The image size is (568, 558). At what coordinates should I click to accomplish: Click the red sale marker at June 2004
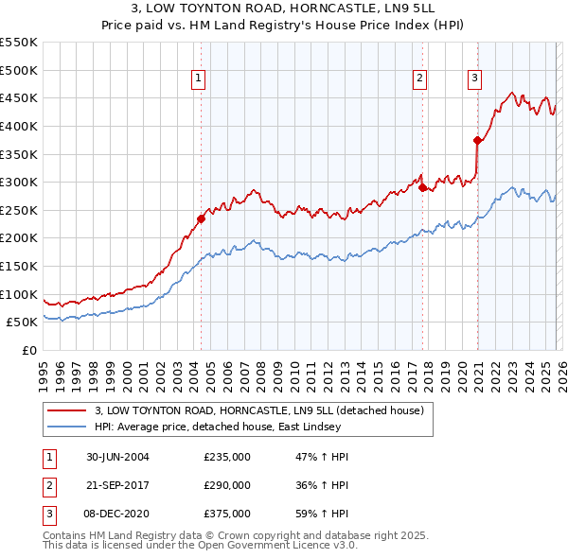(201, 219)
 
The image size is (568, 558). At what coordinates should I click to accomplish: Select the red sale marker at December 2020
(477, 141)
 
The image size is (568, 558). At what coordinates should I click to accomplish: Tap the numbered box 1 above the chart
(199, 79)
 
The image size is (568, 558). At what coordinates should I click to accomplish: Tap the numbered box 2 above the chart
(419, 79)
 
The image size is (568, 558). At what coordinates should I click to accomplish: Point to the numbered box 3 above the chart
(474, 79)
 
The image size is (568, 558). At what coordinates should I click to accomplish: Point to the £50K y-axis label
(22, 323)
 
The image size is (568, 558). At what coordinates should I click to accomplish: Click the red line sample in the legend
(66, 410)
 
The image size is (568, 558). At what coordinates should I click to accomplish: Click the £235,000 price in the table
(227, 457)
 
